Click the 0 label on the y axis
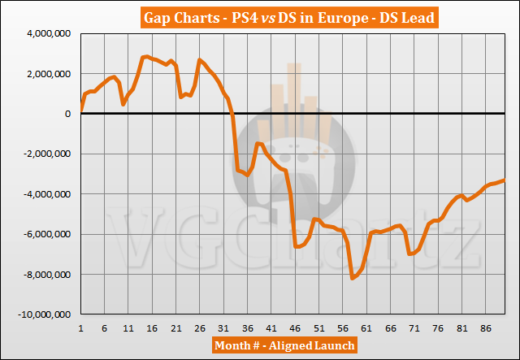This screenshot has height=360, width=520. click(x=69, y=114)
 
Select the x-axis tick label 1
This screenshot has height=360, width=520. click(x=81, y=328)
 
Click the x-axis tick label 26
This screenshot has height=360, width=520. click(x=200, y=328)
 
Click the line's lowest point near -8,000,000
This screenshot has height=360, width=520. click(x=352, y=279)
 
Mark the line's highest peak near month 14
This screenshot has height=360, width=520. click(x=146, y=56)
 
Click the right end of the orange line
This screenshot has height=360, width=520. click(x=505, y=180)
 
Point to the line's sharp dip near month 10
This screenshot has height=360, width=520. click(x=123, y=104)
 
